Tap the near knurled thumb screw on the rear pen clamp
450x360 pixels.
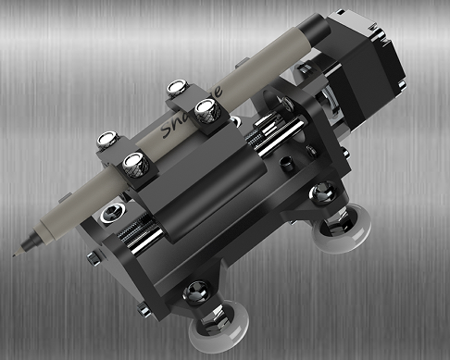coord(206,115)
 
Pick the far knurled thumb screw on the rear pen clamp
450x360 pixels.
coord(177,90)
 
